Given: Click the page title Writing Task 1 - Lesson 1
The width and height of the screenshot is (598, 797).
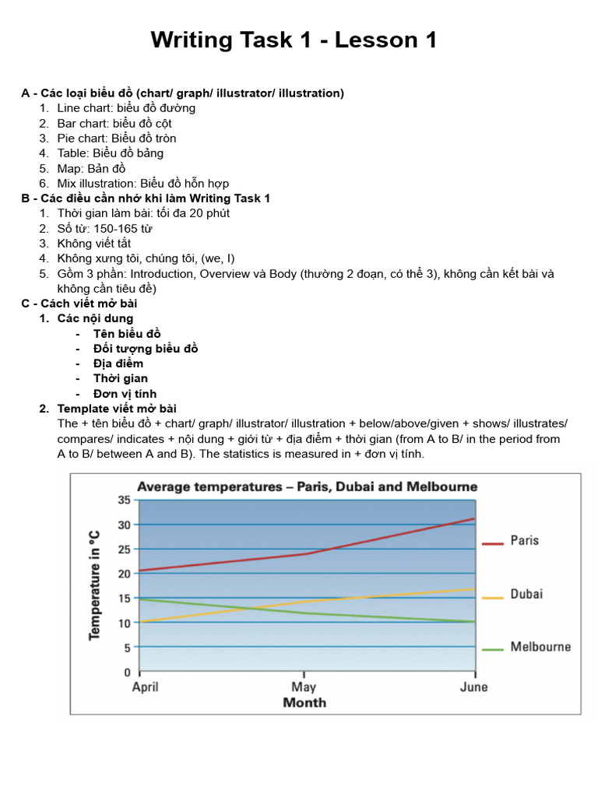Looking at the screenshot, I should pos(294,40).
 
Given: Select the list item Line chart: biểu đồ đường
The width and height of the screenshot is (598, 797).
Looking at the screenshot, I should pos(126,108).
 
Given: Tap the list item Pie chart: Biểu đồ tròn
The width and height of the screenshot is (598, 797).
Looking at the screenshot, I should pos(117,139).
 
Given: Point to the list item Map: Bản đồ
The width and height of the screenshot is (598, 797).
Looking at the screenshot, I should pos(91,168).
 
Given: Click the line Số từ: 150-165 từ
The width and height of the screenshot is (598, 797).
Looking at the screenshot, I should pos(104,228).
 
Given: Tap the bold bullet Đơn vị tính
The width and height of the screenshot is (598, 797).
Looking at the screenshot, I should pos(125,394).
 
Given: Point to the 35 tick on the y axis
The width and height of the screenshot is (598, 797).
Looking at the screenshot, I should pos(124,500).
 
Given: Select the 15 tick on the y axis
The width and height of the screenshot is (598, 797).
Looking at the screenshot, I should pos(124,598).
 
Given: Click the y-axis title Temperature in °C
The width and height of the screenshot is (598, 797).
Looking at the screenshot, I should pos(94,585).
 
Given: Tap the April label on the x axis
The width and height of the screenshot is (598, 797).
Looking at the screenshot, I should pos(146,687).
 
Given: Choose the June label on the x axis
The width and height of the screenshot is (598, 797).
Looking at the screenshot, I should pos(473,687).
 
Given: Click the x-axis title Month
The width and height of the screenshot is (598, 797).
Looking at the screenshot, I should pos(304,703).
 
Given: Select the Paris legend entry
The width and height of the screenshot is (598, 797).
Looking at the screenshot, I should pos(523,541).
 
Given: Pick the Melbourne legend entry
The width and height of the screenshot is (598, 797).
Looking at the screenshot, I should pos(540,647).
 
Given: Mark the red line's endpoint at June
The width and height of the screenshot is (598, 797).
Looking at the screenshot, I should pos(473,518).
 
